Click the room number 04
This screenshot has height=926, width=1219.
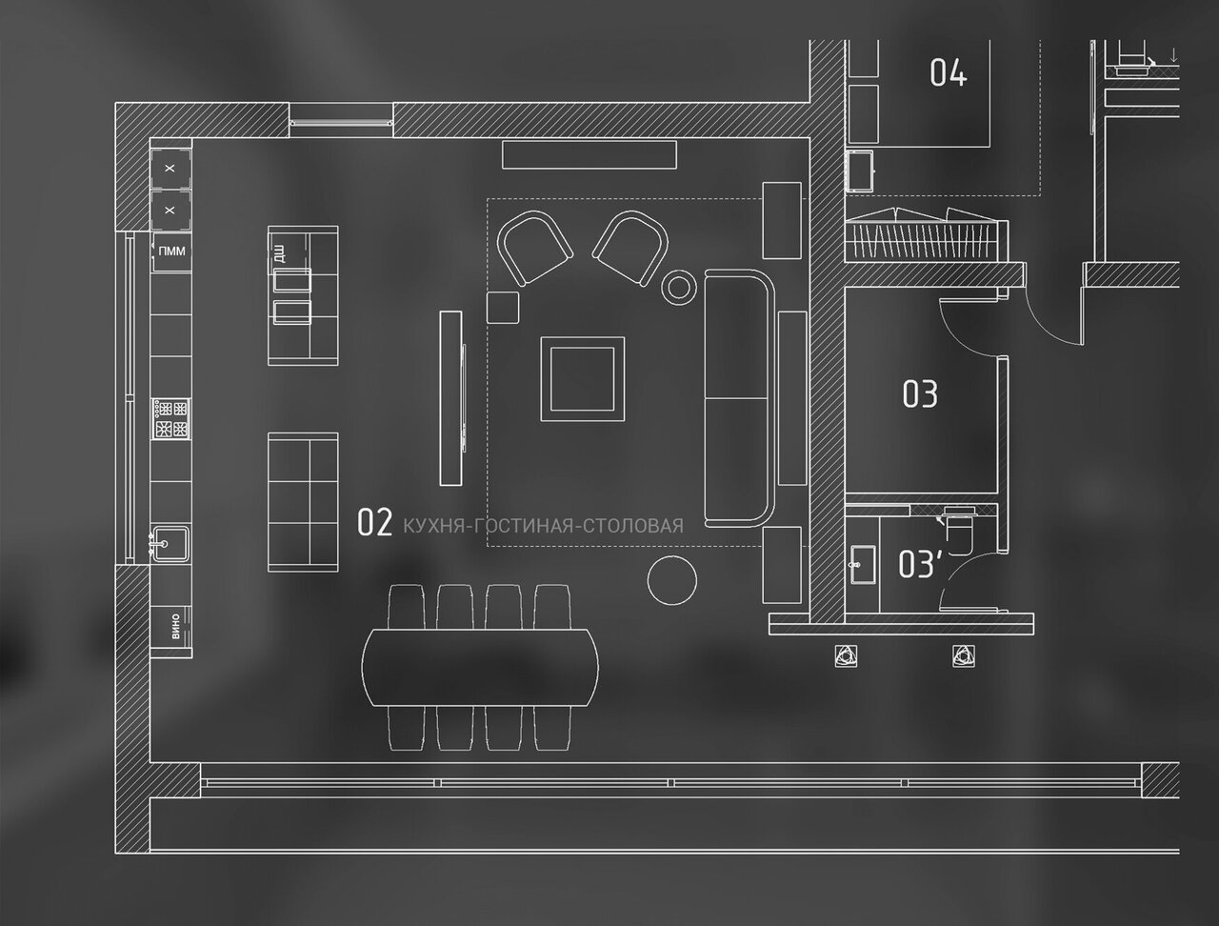948,72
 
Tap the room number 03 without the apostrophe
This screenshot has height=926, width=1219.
919,393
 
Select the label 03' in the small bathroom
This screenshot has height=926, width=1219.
919,564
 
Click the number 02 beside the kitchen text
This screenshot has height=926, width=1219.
374,522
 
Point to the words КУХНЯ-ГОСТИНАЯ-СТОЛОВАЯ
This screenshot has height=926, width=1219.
543,525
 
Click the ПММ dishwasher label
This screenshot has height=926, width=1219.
172,252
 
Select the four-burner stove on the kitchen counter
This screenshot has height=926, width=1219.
170,419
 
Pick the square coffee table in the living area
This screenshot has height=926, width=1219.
583,378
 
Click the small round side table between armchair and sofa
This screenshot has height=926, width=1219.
680,286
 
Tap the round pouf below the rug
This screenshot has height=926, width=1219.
672,578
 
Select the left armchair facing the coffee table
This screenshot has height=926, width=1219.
534,248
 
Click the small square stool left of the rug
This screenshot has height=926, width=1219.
503,308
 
